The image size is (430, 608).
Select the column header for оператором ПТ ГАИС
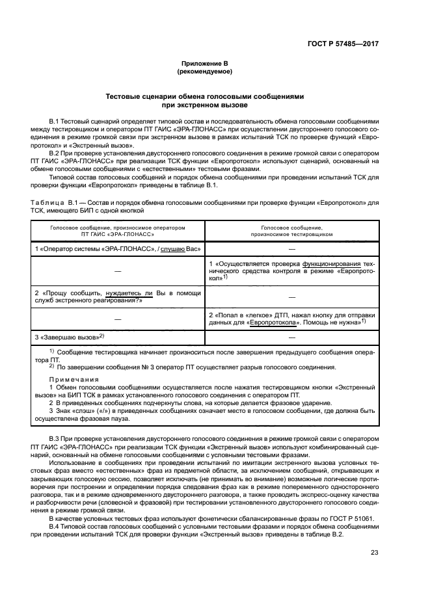[x=118, y=230]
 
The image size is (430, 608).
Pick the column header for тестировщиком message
[x=291, y=230]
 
